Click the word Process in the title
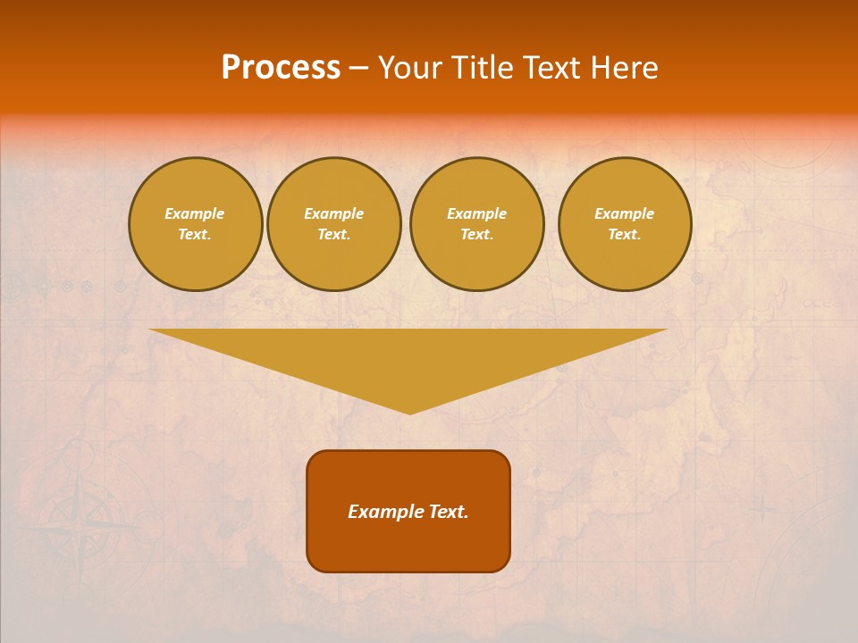281,68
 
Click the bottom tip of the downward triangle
410,412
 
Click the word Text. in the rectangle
446,512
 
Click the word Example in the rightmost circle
624,213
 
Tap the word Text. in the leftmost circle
195,234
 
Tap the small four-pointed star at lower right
761,510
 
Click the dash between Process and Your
359,69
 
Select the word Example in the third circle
476,213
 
